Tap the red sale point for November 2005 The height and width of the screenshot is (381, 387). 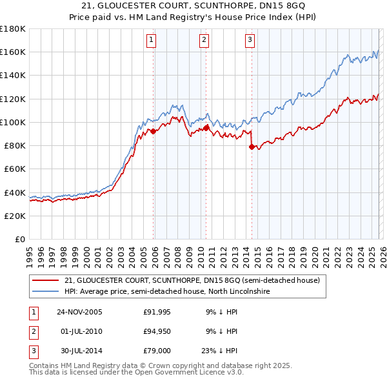coord(154,131)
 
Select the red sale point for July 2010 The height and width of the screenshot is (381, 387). coord(206,128)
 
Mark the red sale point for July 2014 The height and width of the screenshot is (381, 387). coord(252,147)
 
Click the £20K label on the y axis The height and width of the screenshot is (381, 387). coord(15,216)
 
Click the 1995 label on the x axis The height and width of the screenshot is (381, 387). coord(29,252)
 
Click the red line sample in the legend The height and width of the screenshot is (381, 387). coord(46,281)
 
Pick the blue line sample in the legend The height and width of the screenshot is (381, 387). coord(46,292)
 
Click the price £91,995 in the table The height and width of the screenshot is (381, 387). coord(156,312)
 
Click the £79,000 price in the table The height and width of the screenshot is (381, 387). coord(156,351)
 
